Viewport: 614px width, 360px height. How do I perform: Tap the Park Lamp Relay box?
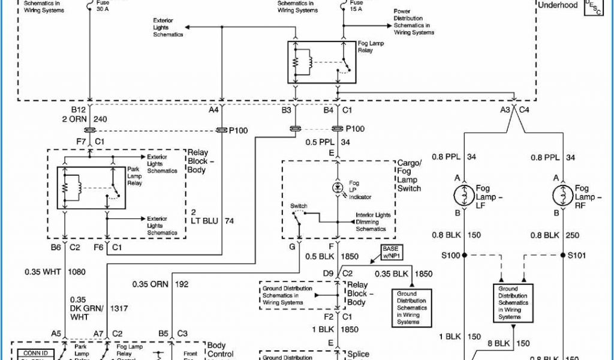click(x=91, y=188)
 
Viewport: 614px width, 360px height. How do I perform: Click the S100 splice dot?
click(x=465, y=255)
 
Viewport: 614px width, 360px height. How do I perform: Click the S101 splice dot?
click(x=563, y=255)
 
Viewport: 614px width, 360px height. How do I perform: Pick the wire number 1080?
click(x=76, y=272)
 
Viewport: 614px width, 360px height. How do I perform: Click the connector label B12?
click(x=79, y=110)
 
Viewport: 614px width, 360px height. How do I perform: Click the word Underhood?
click(x=558, y=5)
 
